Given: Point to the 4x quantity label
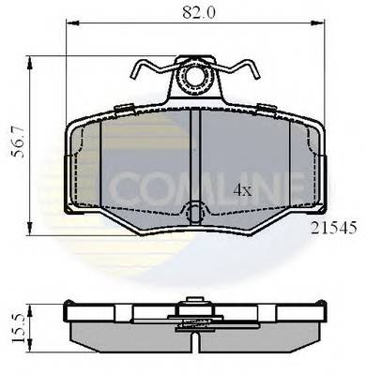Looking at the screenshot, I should click(243, 190).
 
